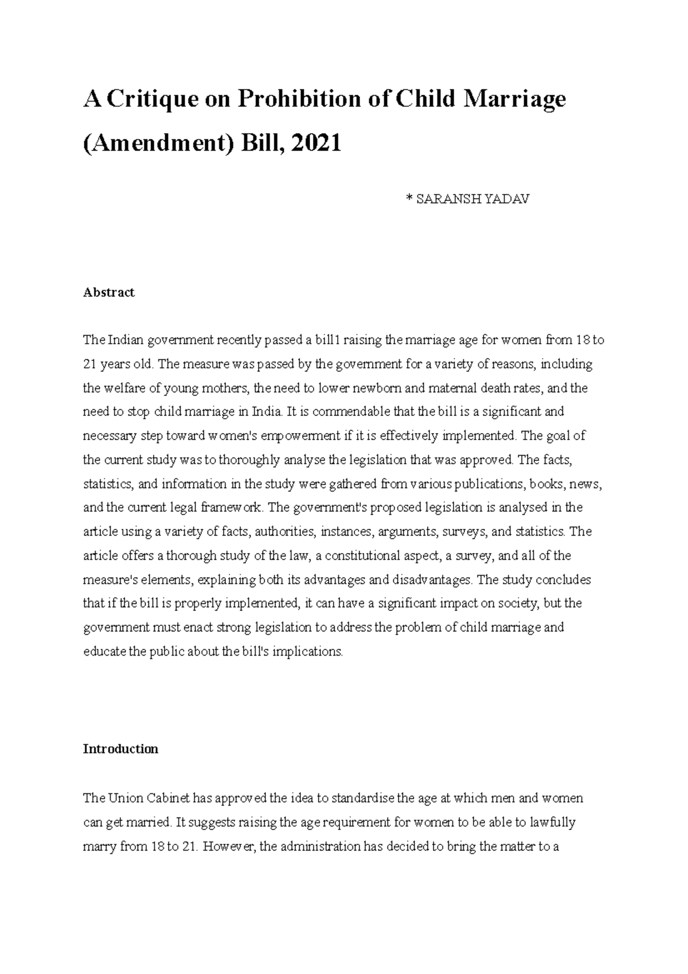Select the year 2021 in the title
pos(316,142)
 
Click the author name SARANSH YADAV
pos(473,199)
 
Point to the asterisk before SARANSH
pos(409,199)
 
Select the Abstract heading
pos(108,293)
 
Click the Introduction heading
pos(120,749)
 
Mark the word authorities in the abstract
pos(285,532)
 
